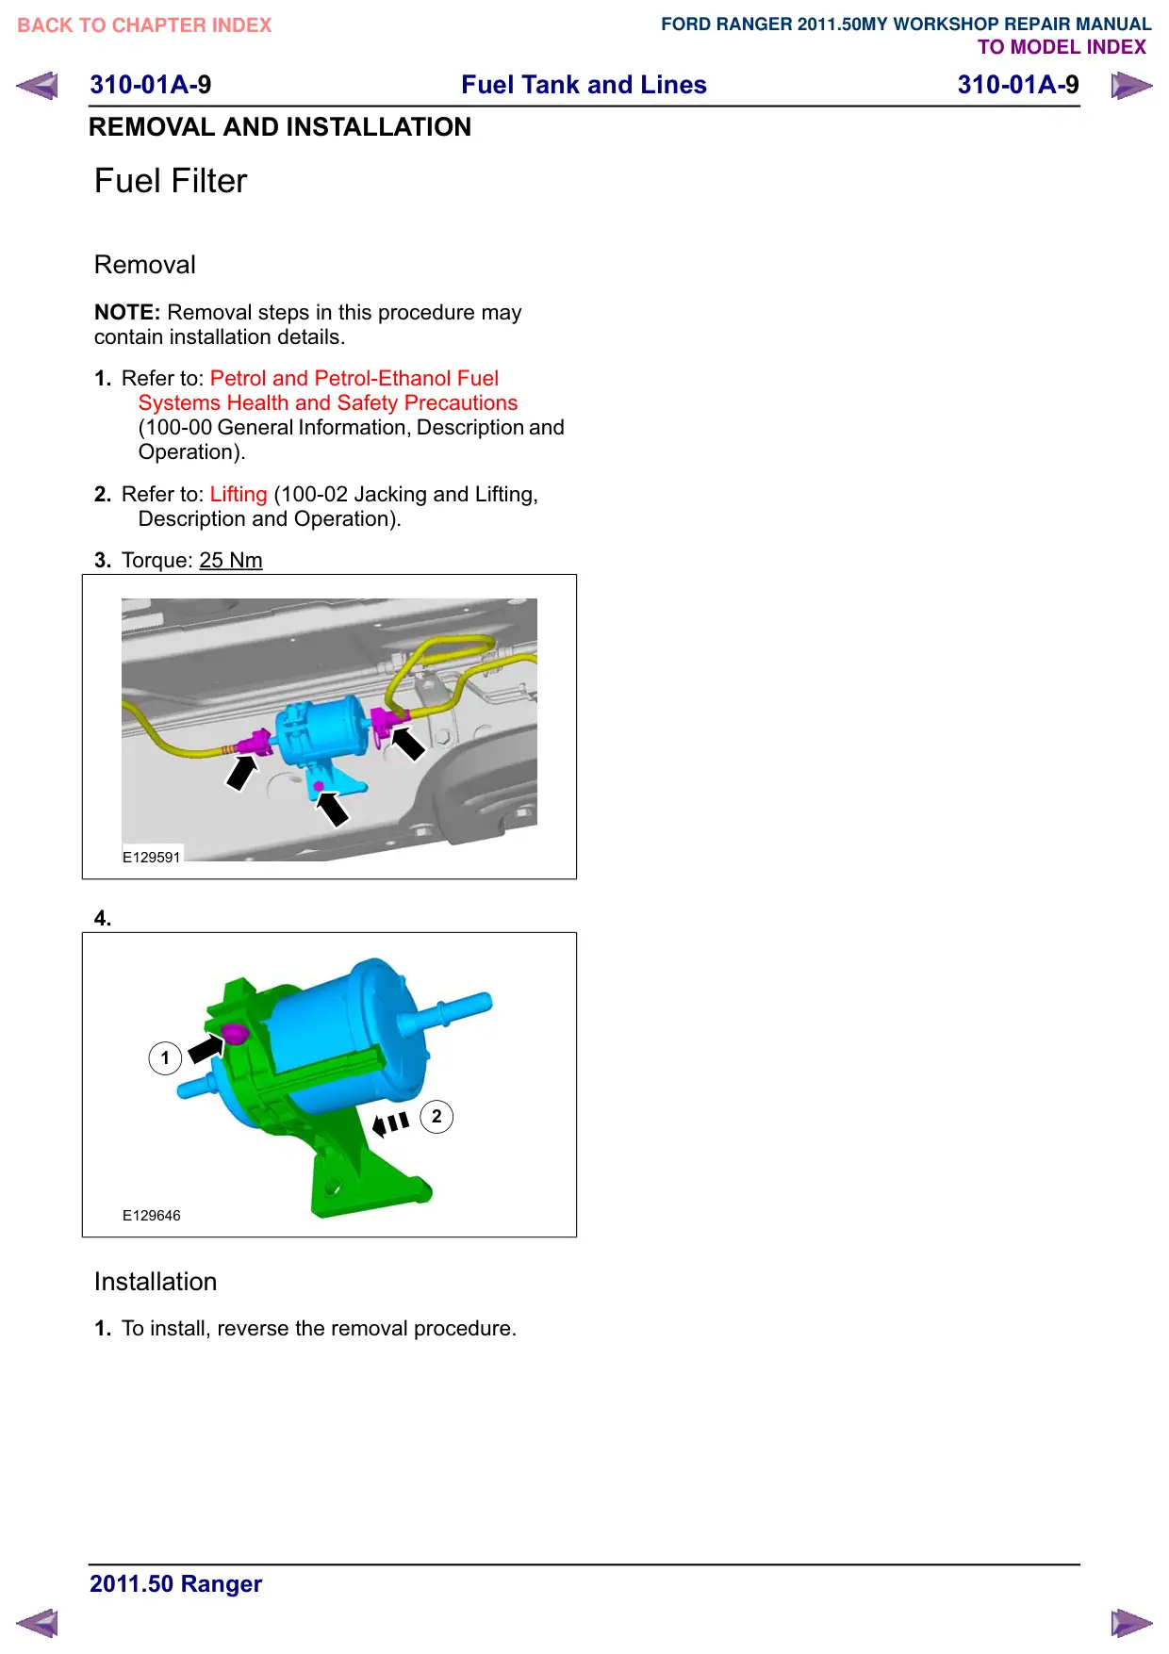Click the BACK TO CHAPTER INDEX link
[x=144, y=25]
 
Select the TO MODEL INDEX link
[x=1062, y=47]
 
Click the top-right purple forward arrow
[x=1131, y=86]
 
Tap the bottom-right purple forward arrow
[x=1131, y=1623]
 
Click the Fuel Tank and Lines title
[x=584, y=85]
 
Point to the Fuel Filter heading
[x=171, y=181]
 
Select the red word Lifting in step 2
[x=239, y=494]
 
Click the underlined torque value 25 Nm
[x=231, y=560]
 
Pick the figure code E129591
[x=151, y=857]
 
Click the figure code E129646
[x=151, y=1215]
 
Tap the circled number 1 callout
[x=165, y=1057]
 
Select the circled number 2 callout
[x=436, y=1117]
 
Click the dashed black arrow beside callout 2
[x=390, y=1123]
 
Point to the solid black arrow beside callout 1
[x=206, y=1047]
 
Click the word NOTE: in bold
[x=127, y=312]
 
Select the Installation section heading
[x=156, y=1282]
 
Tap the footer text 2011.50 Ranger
[x=176, y=1583]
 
